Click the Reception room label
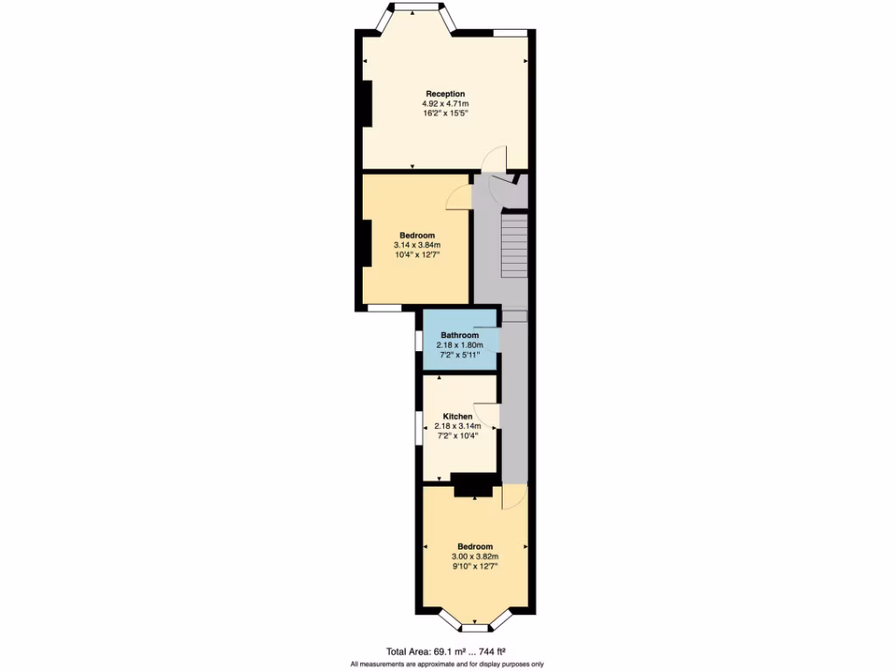click(445, 93)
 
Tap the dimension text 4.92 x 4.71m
click(445, 103)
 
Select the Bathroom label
click(459, 335)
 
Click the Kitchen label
click(458, 417)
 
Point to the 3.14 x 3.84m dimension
click(417, 246)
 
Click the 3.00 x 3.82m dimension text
click(475, 557)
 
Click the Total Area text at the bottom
click(447, 651)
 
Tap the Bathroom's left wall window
click(419, 341)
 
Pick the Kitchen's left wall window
click(419, 428)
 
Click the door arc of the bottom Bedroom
click(514, 498)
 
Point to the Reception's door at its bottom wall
click(496, 157)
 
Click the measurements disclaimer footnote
click(447, 664)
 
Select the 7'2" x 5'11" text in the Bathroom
click(459, 356)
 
